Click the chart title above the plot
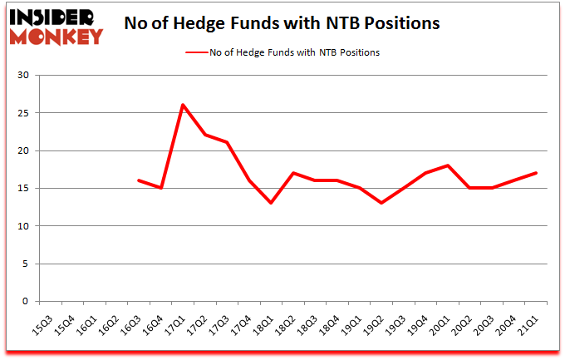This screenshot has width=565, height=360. click(x=282, y=23)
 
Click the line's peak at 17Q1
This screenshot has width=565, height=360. click(x=183, y=105)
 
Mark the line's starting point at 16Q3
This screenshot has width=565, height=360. click(x=139, y=180)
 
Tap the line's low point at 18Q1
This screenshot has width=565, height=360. click(x=271, y=203)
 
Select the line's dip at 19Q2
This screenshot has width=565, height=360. click(x=381, y=203)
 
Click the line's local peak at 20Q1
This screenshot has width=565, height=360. click(x=448, y=165)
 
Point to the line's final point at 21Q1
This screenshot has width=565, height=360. click(x=536, y=173)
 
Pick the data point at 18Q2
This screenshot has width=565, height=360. click(x=293, y=173)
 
